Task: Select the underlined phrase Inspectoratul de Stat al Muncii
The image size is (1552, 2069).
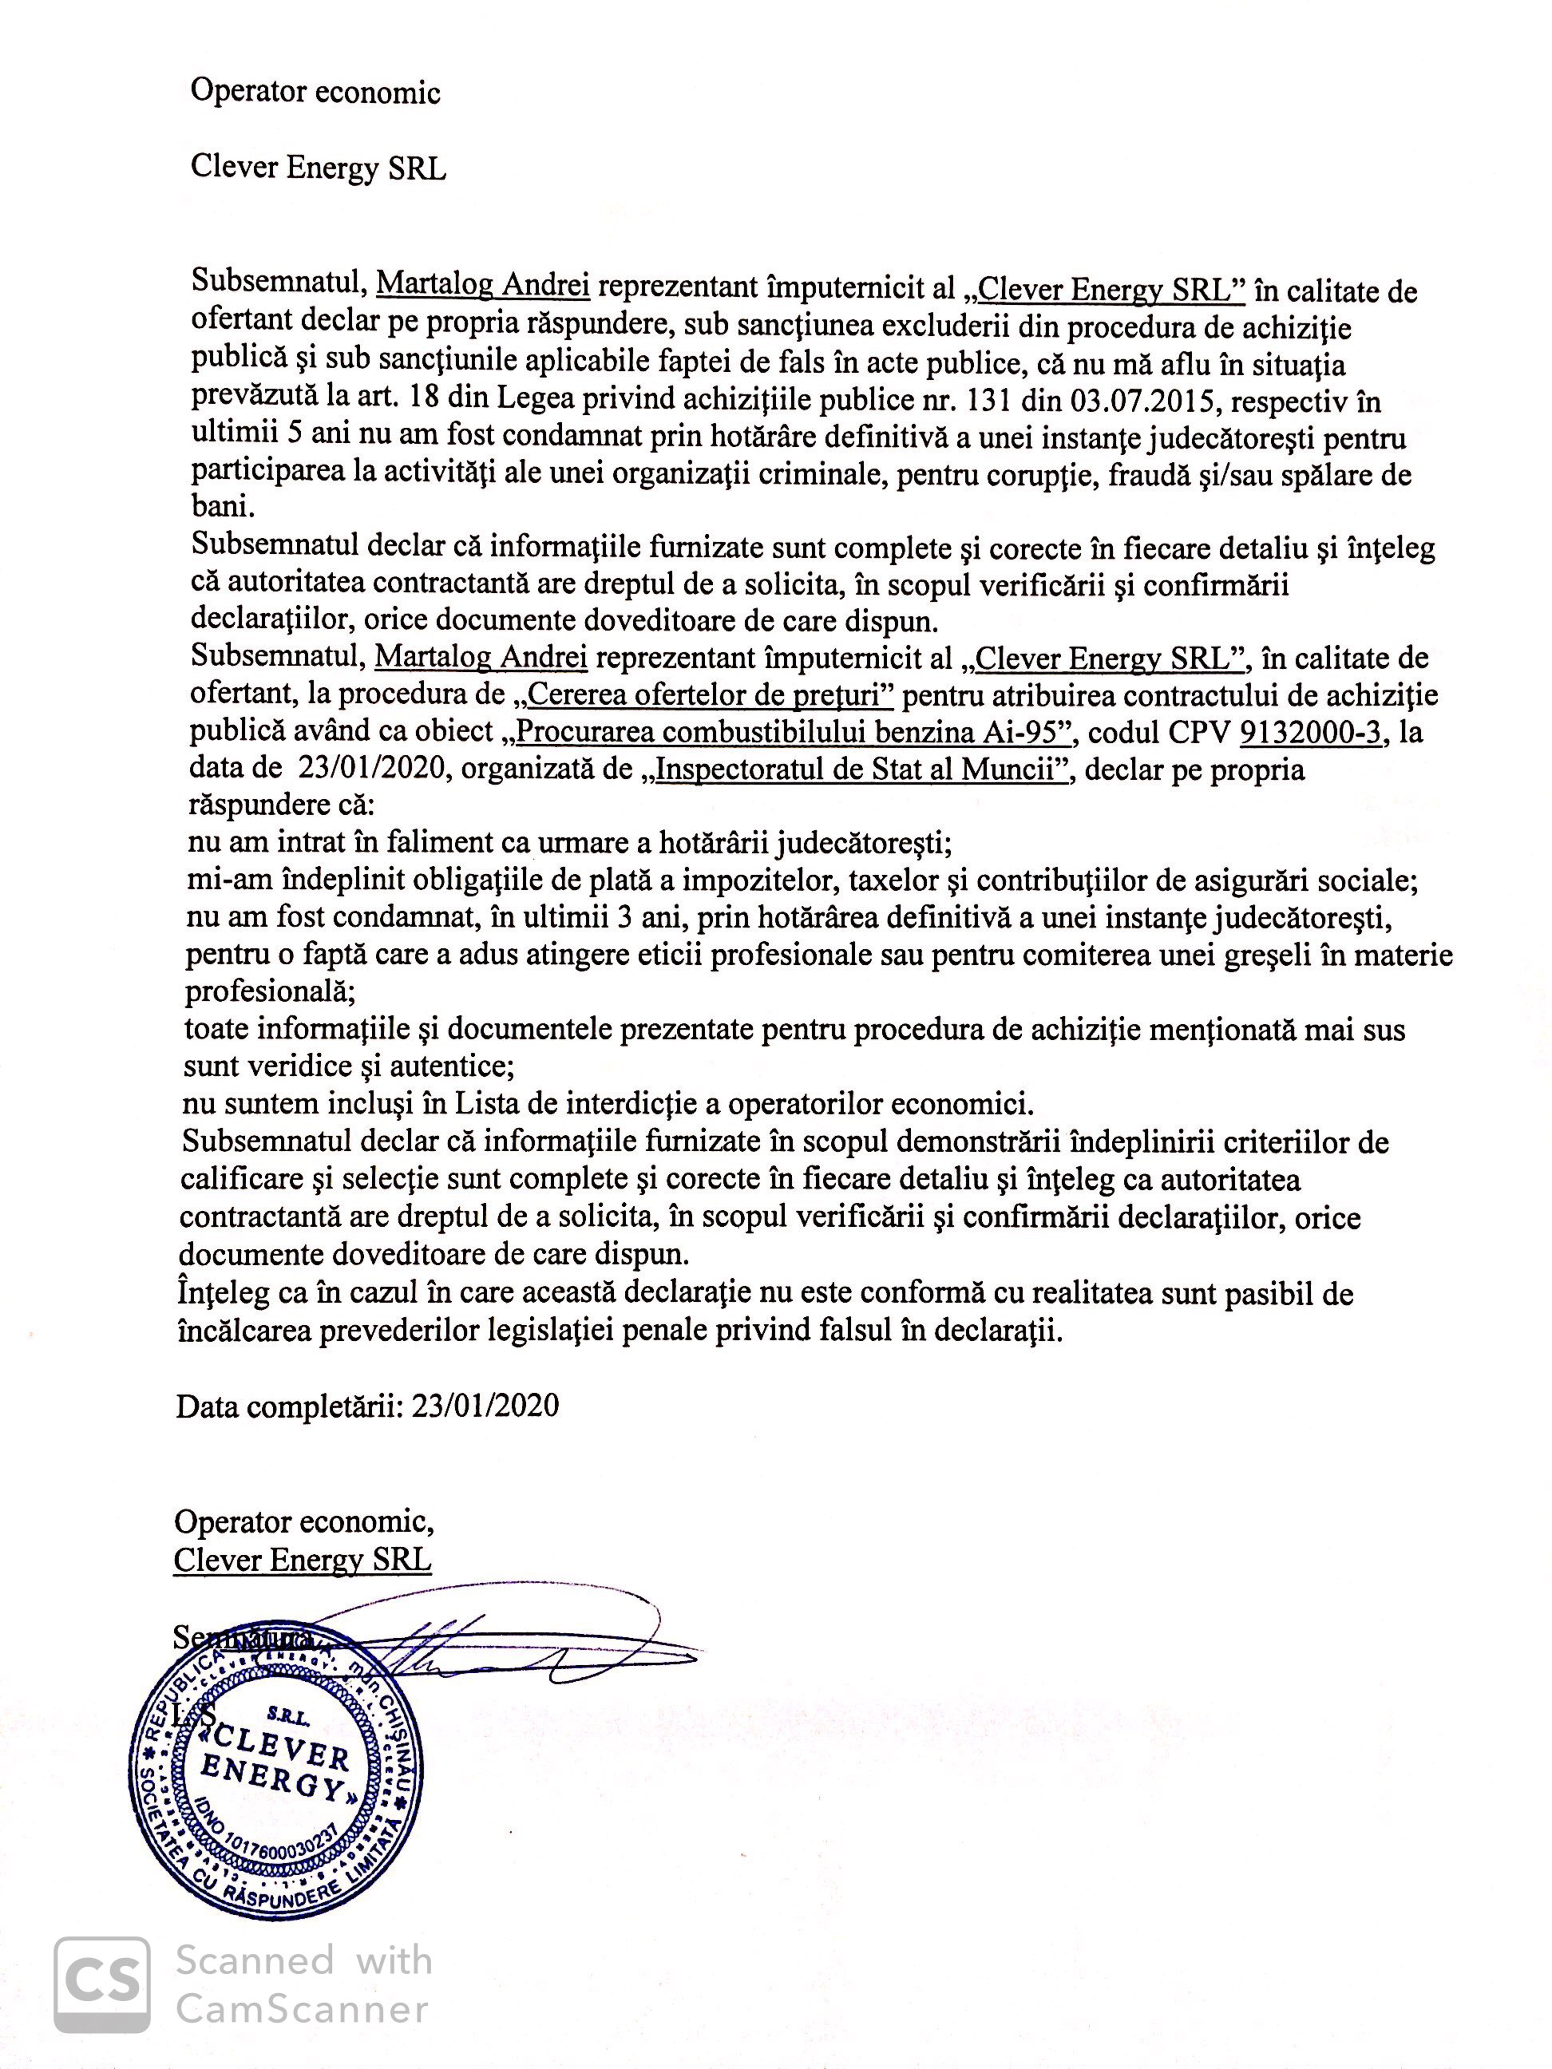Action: coord(861,769)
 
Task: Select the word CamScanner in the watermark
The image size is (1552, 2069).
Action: coord(302,2008)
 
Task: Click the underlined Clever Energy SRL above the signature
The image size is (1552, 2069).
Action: coord(302,1559)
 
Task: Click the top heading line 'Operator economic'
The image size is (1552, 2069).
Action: coord(315,92)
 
